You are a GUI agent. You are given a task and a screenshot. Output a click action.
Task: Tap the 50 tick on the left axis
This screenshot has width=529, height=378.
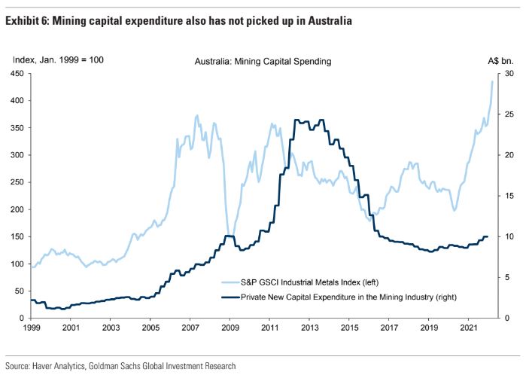pos(19,291)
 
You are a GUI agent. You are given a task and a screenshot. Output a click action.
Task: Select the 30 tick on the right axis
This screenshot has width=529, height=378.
pos(509,73)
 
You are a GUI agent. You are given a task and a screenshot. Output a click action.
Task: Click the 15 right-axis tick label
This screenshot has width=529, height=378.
pos(509,196)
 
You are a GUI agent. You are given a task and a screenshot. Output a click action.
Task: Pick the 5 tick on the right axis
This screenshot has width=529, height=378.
pos(507,277)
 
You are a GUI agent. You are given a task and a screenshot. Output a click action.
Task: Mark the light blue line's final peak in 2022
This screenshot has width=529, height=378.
pos(492,81)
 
